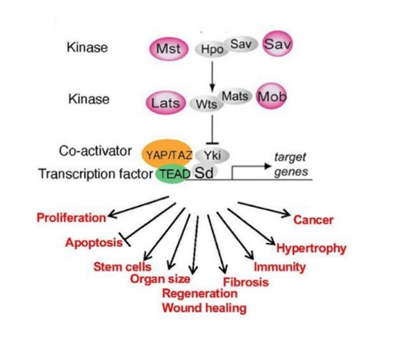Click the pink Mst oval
click(x=169, y=49)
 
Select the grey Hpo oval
click(x=211, y=49)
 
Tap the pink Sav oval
click(x=278, y=44)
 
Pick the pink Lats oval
click(x=165, y=103)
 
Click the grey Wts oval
click(x=207, y=104)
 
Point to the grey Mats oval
click(x=235, y=96)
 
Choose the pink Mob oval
click(x=271, y=96)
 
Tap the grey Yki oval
click(x=212, y=155)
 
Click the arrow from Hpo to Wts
click(x=212, y=77)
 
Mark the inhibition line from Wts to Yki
click(x=212, y=130)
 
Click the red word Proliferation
click(x=71, y=218)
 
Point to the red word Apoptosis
click(x=94, y=243)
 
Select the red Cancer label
click(x=313, y=220)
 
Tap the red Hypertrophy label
click(x=312, y=249)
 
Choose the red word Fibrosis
click(x=246, y=282)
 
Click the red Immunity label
click(x=280, y=267)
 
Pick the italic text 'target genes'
click(x=291, y=164)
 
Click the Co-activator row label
click(x=95, y=151)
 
